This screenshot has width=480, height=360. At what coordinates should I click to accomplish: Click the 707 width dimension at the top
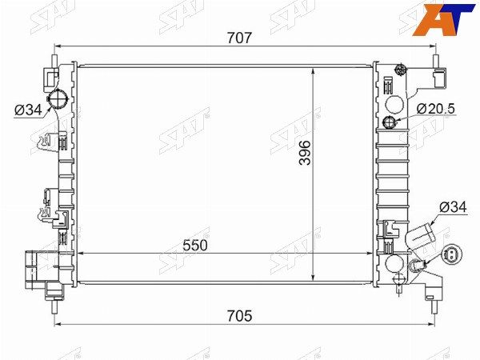(x=239, y=38)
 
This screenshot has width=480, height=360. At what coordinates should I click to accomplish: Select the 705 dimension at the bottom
(x=239, y=316)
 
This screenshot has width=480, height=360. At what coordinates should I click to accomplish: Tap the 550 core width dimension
(x=195, y=246)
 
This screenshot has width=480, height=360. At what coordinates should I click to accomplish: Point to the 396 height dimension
(x=305, y=153)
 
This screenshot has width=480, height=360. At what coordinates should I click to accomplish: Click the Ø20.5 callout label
(x=436, y=109)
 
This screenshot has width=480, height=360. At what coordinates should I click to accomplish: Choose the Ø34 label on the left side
(x=29, y=110)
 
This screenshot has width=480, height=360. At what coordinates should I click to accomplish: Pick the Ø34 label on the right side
(x=453, y=207)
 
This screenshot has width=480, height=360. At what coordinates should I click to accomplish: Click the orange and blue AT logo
(x=444, y=19)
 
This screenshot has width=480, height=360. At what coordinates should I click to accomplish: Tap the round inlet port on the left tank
(x=58, y=98)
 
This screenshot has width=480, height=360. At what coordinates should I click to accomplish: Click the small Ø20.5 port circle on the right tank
(x=390, y=122)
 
